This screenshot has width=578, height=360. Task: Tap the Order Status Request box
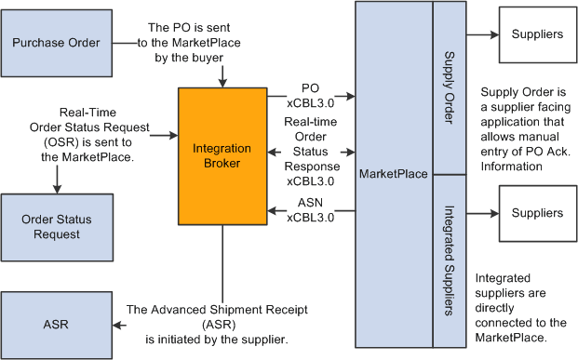(56, 226)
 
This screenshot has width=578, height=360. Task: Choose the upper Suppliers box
(537, 33)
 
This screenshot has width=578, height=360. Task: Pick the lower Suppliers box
(537, 212)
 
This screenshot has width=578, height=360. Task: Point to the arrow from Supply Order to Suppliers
(478, 34)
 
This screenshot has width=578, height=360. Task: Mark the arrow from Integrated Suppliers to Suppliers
(478, 212)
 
